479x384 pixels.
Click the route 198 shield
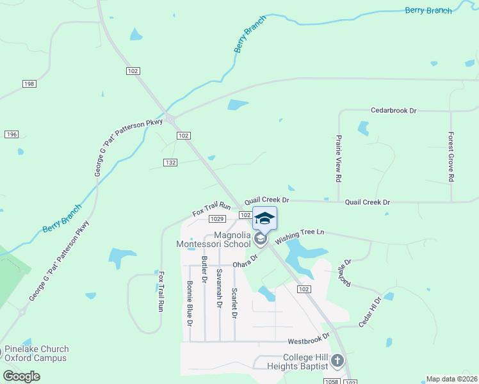pos(29,84)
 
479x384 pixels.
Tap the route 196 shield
pos(12,134)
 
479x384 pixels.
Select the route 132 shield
pos(170,163)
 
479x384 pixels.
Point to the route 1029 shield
pos(216,219)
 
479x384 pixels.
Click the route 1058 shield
pos(331,381)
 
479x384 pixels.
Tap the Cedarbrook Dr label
pos(393,111)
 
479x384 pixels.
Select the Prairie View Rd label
pos(338,158)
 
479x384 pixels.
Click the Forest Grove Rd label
pos(451,156)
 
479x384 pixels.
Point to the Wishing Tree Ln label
pos(300,236)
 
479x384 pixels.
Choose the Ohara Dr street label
pos(245,261)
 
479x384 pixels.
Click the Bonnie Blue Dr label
pos(190,303)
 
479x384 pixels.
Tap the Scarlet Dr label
pos(235,303)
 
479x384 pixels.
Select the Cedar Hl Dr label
pos(370,312)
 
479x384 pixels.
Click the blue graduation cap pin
pos(264,219)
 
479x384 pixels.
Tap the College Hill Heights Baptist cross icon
pos(338,362)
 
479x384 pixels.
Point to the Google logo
pos(21,376)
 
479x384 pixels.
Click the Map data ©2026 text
pos(452,379)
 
